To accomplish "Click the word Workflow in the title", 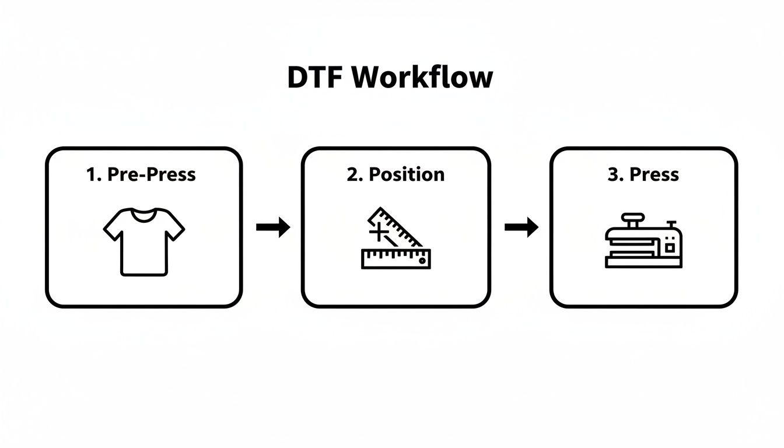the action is pos(422,76).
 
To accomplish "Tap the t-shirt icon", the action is pos(144,242).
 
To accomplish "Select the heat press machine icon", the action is pos(643,240).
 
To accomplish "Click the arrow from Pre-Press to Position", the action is pos(273,227).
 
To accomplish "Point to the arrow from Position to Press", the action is pos(521,227).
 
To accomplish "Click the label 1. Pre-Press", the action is pos(141,174).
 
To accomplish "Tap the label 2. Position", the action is pos(395,174).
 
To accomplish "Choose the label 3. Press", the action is pos(643,174).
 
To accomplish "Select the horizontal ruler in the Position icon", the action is pos(396,259).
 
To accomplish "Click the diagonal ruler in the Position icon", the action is pos(395,228).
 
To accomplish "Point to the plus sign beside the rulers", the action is pos(379,232).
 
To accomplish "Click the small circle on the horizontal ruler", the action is pos(422,261).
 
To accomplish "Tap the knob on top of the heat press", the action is pos(633,220).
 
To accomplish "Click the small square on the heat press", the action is pos(670,248).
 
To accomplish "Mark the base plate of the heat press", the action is pos(643,263).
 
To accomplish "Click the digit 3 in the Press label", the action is pos(613,174).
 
